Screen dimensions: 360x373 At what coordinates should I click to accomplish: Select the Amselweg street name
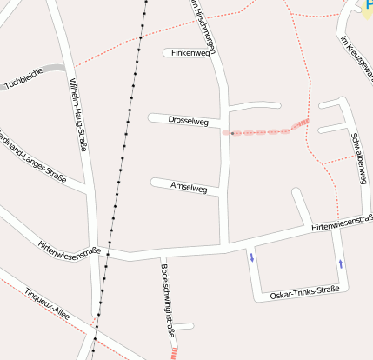[x=189, y=187]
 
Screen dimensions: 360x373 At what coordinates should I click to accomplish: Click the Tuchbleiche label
[x=24, y=83]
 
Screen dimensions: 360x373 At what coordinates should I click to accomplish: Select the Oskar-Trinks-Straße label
[x=303, y=290]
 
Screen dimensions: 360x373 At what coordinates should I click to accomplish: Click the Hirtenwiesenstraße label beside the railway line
[x=70, y=250]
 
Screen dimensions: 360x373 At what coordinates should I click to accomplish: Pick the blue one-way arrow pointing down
[x=252, y=257]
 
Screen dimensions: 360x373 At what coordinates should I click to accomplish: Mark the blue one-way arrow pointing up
[x=340, y=262]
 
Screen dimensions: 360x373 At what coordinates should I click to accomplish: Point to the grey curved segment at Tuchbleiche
[x=54, y=68]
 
